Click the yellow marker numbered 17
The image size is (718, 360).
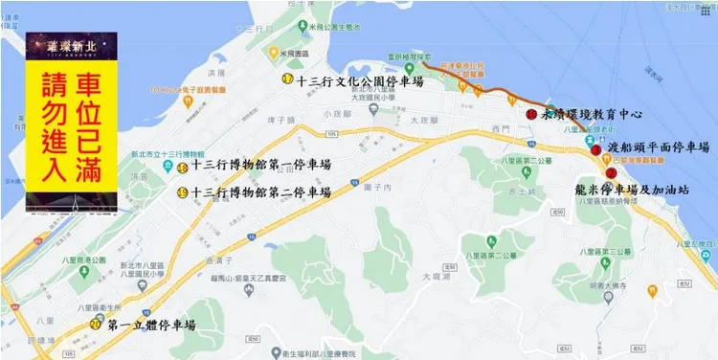pos(287,79)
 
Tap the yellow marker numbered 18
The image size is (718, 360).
pos(182,168)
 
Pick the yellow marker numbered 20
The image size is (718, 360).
pos(96,324)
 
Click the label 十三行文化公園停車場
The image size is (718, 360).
pos(360,80)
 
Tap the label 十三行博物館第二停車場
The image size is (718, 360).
pos(260,192)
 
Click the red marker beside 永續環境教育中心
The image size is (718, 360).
pos(531,114)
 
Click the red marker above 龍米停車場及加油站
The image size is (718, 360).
pos(611,172)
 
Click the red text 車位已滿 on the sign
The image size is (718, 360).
pos(93,122)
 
